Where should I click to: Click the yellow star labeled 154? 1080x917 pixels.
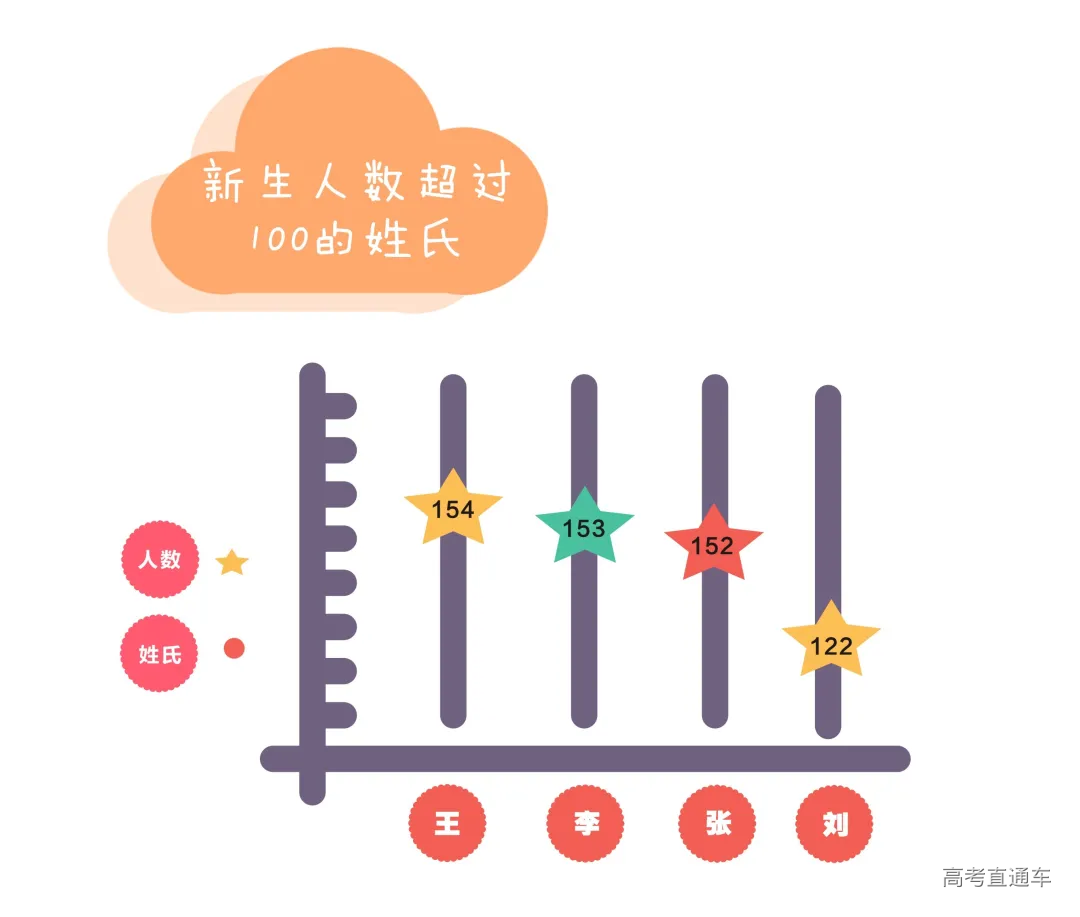[453, 509]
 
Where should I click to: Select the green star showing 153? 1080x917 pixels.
[585, 526]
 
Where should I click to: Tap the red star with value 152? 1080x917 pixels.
[713, 545]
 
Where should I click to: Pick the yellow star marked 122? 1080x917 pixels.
[831, 644]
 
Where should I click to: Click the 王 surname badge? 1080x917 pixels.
[447, 824]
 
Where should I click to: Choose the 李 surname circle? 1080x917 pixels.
[585, 824]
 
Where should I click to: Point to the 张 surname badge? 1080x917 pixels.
[717, 824]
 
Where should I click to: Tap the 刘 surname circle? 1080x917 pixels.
[834, 825]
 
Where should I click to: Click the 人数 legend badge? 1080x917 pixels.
[159, 560]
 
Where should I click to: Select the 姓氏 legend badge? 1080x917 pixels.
[159, 655]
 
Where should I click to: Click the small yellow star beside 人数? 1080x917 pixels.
[232, 563]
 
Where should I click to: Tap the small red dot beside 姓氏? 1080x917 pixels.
[234, 649]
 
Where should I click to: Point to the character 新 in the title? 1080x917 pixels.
[223, 185]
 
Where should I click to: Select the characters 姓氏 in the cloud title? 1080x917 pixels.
[413, 239]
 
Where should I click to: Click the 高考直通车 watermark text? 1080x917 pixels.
[996, 878]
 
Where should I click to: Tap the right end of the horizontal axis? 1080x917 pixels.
[897, 759]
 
